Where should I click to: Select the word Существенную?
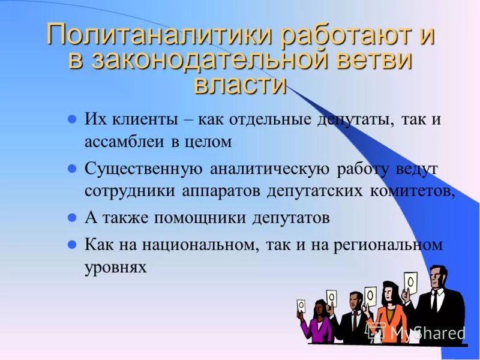coord(143,169)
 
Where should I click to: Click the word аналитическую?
coord(269,169)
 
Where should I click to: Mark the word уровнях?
coord(116,267)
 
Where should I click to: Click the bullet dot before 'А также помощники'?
coord(71,217)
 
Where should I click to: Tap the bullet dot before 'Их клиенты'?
coord(71,119)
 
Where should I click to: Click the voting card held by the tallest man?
coord(411,280)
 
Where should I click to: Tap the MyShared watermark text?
coord(427,332)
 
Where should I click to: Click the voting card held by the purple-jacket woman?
coord(301,305)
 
